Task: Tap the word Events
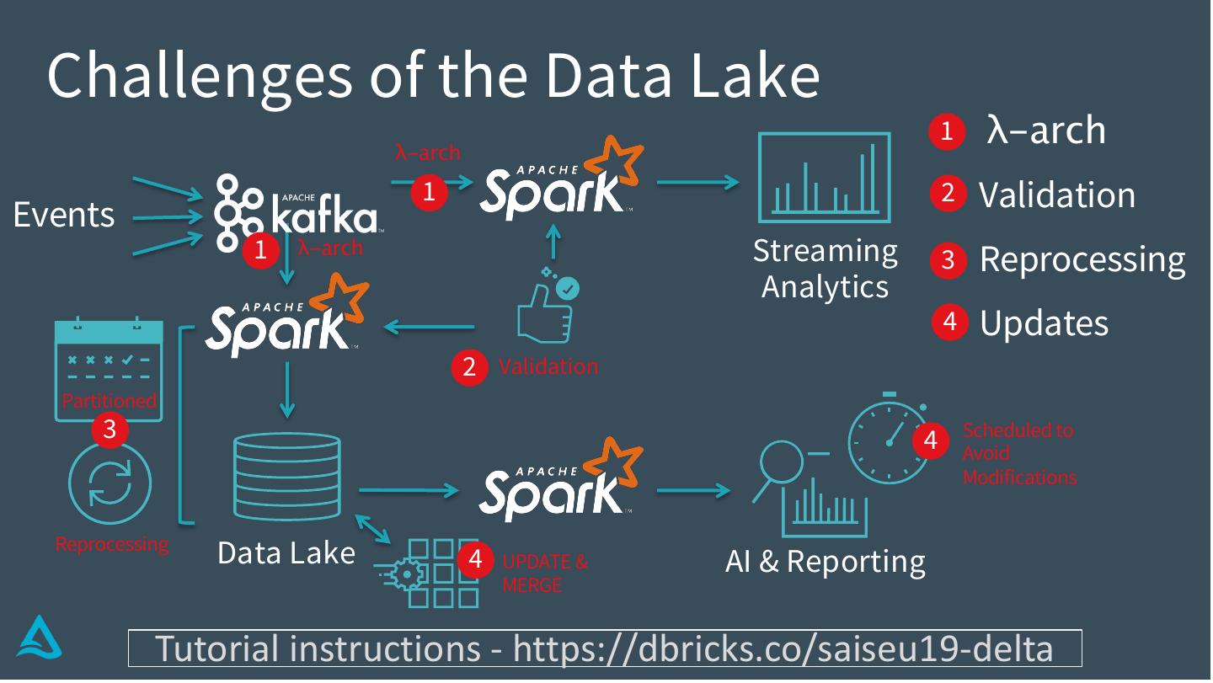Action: pos(64,216)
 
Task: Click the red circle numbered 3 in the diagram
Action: pos(110,430)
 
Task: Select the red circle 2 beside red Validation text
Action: pos(469,366)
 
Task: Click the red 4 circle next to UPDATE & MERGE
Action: pos(476,560)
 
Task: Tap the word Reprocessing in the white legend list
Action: pos(1082,259)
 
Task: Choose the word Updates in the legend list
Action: pos(1044,323)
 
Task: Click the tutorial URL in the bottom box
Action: pos(783,648)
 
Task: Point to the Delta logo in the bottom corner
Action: pos(39,638)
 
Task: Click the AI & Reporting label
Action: pos(825,562)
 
